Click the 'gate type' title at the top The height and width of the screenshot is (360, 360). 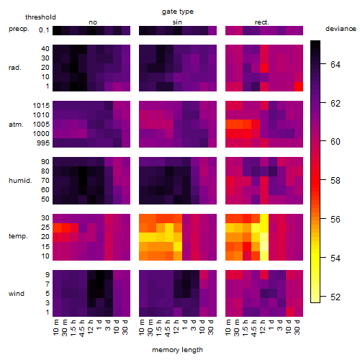178,12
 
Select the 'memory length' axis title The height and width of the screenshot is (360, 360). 177,350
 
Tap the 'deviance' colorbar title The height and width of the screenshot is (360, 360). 341,29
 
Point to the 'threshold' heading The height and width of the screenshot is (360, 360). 40,17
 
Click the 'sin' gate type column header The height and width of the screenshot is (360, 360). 177,22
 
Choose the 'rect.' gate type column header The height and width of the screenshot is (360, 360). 262,22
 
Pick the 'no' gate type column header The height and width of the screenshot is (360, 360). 93,22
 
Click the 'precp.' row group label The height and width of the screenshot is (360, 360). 19,29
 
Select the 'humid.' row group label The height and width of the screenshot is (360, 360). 20,181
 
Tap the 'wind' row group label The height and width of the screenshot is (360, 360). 17,294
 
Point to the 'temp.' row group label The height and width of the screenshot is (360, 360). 18,236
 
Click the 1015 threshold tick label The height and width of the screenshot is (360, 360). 41,106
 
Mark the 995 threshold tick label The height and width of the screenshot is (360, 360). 43,143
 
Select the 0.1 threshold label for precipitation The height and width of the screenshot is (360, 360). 44,30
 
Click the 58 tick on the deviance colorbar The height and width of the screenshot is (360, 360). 336,181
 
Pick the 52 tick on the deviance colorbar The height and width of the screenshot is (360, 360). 336,297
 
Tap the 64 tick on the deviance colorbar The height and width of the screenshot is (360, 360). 336,65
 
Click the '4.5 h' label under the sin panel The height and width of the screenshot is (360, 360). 167,328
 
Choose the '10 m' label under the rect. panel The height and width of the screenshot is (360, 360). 228,328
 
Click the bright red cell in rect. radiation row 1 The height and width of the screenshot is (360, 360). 299,86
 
